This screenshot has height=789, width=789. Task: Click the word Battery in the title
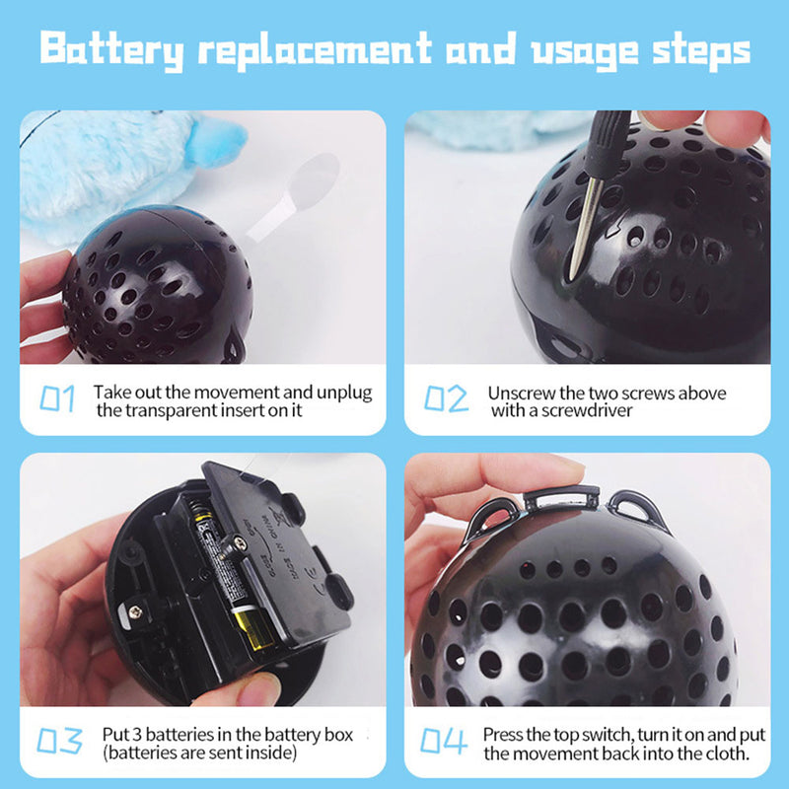click(111, 51)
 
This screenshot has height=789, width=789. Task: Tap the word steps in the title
click(701, 52)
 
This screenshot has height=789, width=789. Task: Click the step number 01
click(57, 399)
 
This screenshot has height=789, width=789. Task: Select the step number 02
click(446, 398)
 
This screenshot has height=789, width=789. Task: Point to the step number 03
click(59, 741)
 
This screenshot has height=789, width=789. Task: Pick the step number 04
click(444, 741)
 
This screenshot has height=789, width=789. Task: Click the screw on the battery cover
click(240, 543)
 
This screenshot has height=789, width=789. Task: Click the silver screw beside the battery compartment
click(135, 611)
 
